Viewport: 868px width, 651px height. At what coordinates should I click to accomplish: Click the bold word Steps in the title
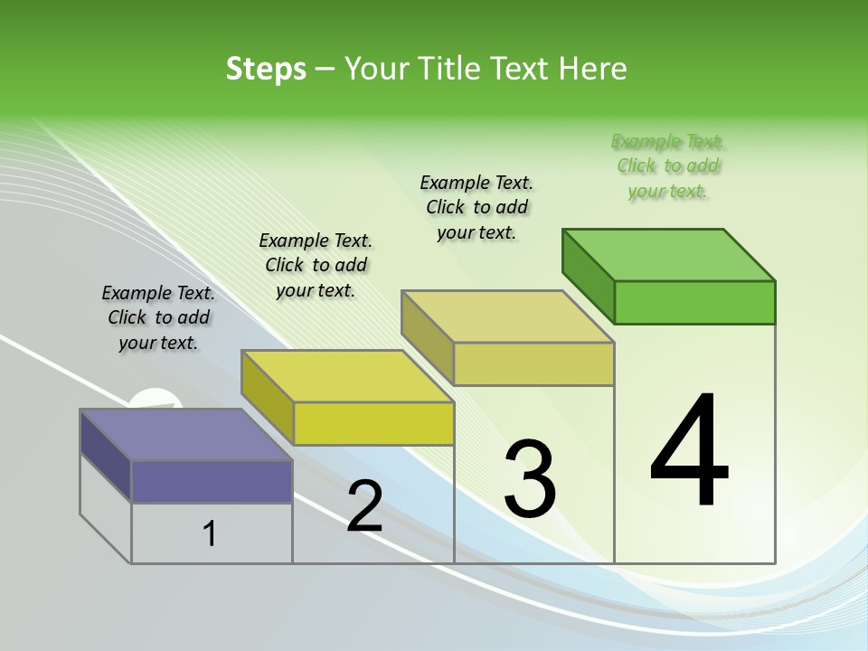pos(266,69)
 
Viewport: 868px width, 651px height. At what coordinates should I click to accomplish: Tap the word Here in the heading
pos(592,69)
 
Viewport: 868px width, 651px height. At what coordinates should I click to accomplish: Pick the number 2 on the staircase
pos(364,506)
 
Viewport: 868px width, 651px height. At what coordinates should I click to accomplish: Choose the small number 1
pos(210,534)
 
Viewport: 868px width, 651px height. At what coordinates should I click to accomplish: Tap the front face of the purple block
pos(212,481)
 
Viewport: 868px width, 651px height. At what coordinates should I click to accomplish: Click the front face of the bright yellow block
pos(373,423)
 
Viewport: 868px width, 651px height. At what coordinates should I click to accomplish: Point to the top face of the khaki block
pos(507,316)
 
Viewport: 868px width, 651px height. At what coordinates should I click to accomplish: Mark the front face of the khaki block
pos(533,363)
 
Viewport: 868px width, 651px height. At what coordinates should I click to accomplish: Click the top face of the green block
pos(668,255)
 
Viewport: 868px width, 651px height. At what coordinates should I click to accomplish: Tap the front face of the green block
pos(694,302)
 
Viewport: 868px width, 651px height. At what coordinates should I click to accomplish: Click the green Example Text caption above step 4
pos(668,166)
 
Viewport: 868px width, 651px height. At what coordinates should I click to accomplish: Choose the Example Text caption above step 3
pos(476,207)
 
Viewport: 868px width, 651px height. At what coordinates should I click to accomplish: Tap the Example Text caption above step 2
pos(316,265)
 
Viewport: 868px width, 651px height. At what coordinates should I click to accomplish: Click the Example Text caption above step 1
pos(158,317)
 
